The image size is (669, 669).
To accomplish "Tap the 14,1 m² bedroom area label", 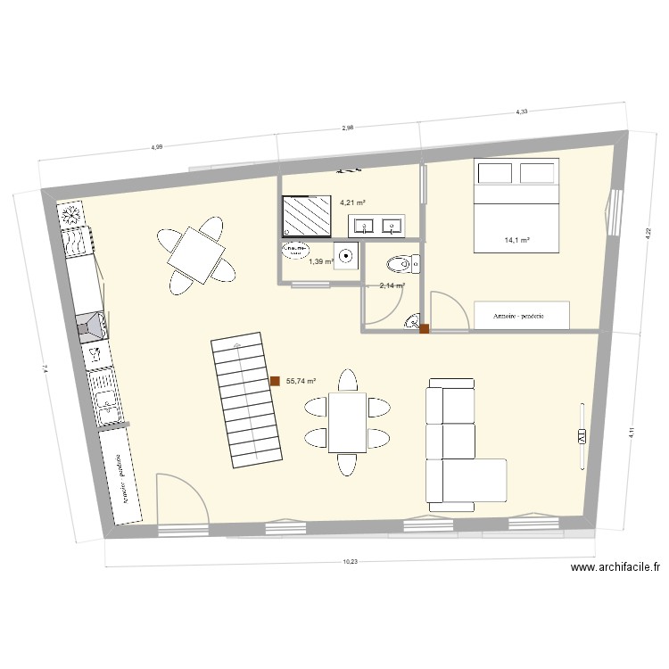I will (x=517, y=240).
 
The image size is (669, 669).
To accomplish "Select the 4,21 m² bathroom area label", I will (x=352, y=202).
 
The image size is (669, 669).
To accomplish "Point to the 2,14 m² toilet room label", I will (x=392, y=285).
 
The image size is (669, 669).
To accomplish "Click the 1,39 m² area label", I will (x=321, y=261).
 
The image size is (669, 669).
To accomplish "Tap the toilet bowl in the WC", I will (x=399, y=263).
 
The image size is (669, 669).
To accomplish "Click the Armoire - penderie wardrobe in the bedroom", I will (x=523, y=315).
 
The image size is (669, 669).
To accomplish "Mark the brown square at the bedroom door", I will (x=425, y=328).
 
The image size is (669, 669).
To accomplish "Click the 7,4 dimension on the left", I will (x=42, y=367).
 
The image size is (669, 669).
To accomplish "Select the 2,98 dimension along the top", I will (x=348, y=128).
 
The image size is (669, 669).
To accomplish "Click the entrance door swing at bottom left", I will (x=182, y=500).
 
